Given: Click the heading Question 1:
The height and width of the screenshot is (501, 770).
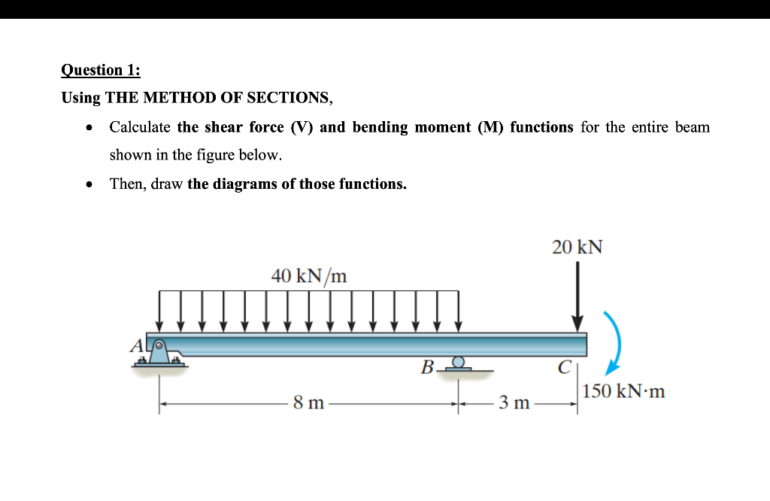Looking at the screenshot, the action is coord(100,70).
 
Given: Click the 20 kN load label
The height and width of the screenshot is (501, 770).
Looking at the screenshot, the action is coord(577,247).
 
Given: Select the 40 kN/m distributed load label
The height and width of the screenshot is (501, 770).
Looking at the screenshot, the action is coord(309,276).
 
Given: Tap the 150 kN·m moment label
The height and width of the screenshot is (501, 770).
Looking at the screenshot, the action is coord(624,391).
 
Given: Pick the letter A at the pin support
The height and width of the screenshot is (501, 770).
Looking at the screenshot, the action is coord(137,346).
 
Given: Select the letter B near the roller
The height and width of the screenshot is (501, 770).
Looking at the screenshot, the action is coord(427,368).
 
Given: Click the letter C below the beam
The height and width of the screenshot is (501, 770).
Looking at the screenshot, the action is coord(564,368).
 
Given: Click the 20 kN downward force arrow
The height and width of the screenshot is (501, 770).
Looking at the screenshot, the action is coord(577,297).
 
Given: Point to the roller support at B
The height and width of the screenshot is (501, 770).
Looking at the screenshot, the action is coord(458,365).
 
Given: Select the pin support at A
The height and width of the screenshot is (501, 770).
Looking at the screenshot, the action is coord(159,353).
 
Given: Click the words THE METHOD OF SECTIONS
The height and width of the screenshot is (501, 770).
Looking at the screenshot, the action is coord(217,98).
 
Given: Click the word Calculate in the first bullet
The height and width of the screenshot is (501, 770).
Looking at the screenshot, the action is coord(140,127).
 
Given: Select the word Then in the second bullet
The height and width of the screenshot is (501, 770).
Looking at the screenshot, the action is coord(127,184).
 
